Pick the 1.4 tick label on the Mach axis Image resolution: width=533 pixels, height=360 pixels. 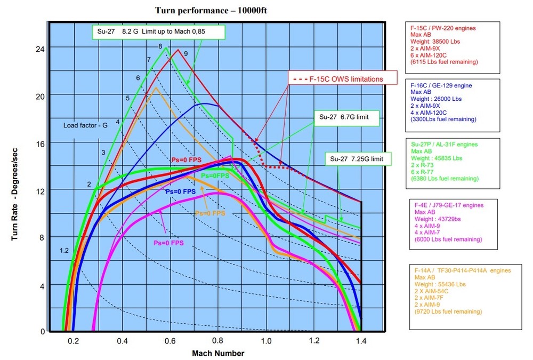[361, 340]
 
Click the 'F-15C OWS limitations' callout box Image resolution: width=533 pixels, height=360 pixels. [344, 79]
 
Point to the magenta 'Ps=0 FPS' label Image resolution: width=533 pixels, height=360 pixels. [168, 243]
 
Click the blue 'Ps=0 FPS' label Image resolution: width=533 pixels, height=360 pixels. [180, 191]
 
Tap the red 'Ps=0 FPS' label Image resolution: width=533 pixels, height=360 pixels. [186, 159]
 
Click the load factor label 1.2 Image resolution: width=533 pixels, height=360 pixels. [64, 251]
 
